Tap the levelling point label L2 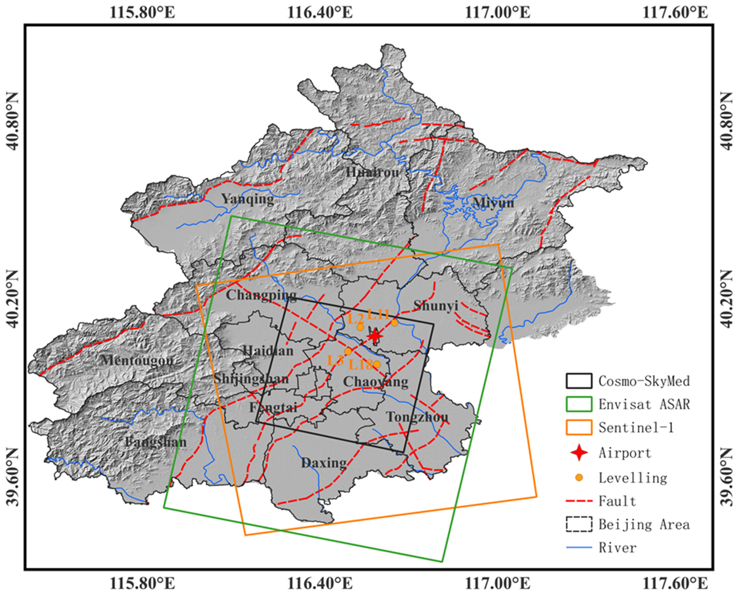pos(355,319)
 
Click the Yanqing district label pos(247,199)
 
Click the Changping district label pos(261,295)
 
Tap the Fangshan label pos(156,442)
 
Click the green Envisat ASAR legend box pos(579,404)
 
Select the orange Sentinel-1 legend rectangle pos(579,427)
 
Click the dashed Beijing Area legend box pos(579,524)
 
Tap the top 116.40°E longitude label pos(320,13)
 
